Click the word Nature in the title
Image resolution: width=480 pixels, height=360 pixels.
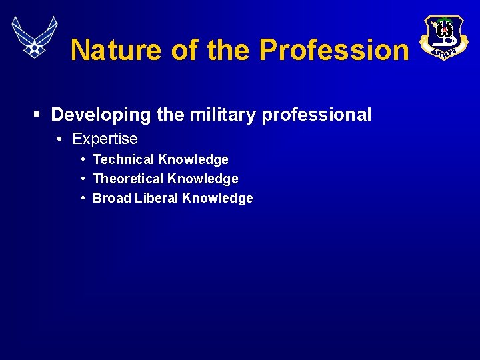115,49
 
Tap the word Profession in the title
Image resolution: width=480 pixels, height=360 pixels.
333,49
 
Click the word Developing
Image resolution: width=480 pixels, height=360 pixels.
101,115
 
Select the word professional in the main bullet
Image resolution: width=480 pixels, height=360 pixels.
317,115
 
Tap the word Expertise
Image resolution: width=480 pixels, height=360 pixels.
105,139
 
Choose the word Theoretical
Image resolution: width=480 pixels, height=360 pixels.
128,179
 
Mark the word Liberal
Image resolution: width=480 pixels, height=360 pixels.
157,198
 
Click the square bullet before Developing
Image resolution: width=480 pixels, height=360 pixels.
37,115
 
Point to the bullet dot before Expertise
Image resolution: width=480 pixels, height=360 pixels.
59,139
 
